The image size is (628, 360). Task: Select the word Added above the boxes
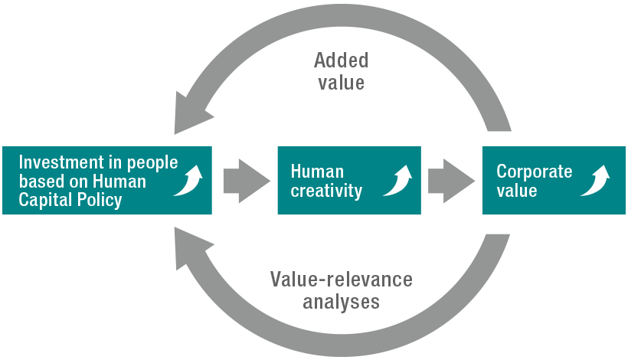click(342, 60)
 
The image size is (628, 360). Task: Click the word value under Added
click(342, 81)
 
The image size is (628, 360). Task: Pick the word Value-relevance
click(342, 280)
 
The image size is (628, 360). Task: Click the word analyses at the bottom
click(342, 301)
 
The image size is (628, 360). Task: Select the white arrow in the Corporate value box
click(595, 181)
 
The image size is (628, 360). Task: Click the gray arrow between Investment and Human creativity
click(246, 181)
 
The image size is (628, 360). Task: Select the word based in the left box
click(38, 182)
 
